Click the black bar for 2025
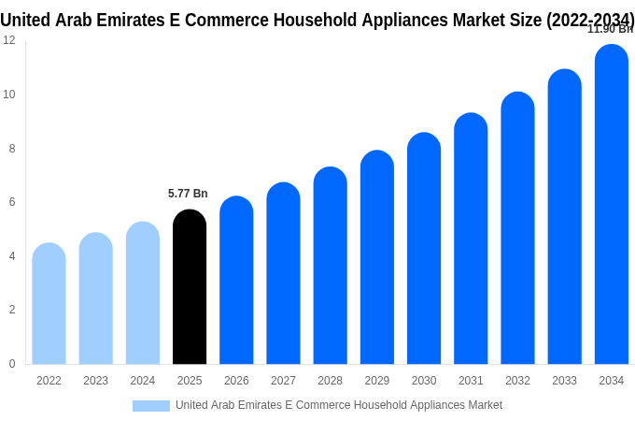coord(190,287)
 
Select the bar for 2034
coord(611,205)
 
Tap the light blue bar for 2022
coord(49,304)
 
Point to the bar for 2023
coord(95,298)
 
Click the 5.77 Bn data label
coord(188,194)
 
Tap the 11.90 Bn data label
coord(610,29)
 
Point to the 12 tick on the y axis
coord(9,40)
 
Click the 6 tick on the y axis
coord(12,202)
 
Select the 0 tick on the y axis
coord(12,364)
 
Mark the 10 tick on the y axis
coord(9,94)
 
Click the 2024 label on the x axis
coord(143,381)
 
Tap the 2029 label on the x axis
coord(377,381)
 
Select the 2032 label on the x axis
coord(517,381)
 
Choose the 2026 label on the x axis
coord(236,381)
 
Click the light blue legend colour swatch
coord(150,406)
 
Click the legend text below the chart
coord(339,405)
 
